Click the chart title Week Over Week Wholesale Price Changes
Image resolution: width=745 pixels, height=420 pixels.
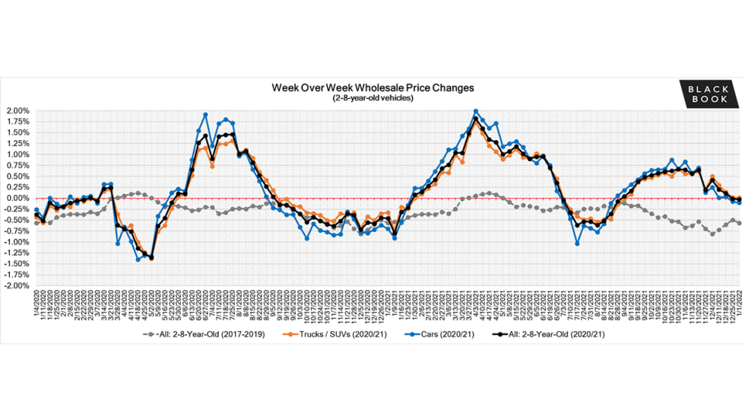(372, 87)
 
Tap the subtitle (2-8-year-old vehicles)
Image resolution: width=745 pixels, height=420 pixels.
(372, 98)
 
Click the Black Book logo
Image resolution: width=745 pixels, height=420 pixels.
(708, 94)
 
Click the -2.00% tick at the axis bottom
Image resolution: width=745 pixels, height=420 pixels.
(17, 286)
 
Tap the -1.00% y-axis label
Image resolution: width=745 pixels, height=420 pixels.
(17, 243)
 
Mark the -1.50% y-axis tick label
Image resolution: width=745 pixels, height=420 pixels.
(17, 264)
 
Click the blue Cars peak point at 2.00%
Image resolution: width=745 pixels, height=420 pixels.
(476, 111)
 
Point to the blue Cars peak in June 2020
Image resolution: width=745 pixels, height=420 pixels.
(205, 115)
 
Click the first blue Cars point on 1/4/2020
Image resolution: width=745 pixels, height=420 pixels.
(36, 210)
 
